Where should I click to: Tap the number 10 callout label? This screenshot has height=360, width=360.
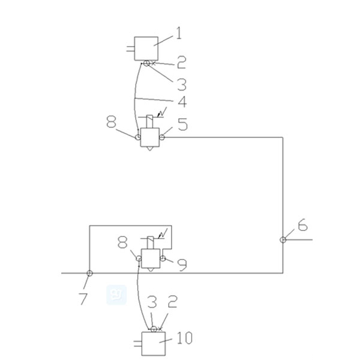coord(185,339)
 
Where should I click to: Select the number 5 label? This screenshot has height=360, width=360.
coord(182,125)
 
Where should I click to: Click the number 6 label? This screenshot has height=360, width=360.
coord(302,226)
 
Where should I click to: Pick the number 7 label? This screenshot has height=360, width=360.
coord(83,298)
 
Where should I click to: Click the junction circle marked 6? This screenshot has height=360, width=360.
coord(283,240)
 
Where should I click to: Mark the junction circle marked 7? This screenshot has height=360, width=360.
coord(89,273)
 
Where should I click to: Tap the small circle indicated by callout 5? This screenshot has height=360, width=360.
coord(161,137)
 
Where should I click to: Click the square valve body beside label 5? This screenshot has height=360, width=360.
coord(149,137)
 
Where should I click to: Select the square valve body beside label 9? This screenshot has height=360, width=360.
coord(151,258)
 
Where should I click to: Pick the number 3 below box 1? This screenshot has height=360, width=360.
coord(181,84)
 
